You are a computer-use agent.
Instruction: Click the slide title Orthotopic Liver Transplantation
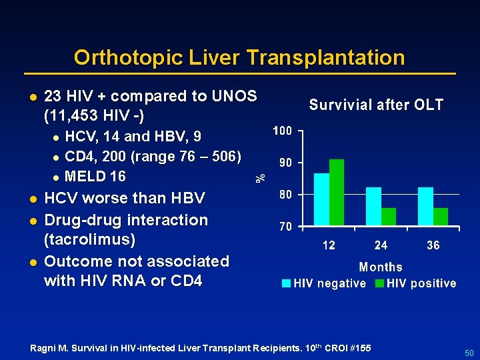[x=239, y=57]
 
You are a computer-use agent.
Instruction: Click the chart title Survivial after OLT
[x=376, y=105]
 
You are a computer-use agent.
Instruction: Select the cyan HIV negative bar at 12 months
[x=321, y=199]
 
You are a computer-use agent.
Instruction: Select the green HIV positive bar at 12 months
[x=337, y=193]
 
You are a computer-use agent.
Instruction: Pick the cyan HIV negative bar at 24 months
[x=373, y=207]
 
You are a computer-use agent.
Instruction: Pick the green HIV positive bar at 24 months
[x=389, y=217]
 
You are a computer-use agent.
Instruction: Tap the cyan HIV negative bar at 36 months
[x=425, y=207]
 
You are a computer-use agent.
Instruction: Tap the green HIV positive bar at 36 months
[x=441, y=217]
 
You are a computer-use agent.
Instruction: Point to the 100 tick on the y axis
[x=282, y=131]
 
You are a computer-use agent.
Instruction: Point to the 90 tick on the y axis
[x=285, y=163]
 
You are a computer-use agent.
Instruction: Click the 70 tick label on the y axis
[x=285, y=227]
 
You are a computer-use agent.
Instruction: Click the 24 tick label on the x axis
[x=381, y=245]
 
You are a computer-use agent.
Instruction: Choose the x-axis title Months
[x=381, y=267]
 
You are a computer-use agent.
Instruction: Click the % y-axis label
[x=261, y=177]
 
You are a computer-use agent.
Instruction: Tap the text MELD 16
[x=95, y=177]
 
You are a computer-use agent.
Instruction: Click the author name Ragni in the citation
[x=44, y=348]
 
